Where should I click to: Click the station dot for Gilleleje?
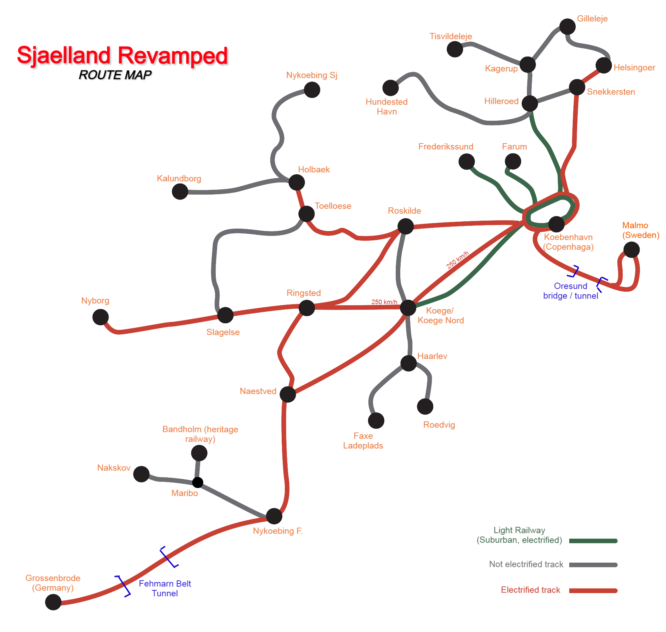(567, 27)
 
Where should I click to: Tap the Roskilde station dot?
(405, 227)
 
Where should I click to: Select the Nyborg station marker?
(101, 317)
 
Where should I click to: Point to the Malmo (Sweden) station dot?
(631, 250)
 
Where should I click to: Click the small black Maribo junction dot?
(198, 482)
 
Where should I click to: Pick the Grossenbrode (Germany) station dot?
(53, 602)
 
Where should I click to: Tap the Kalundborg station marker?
(180, 191)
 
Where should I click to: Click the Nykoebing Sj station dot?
(312, 90)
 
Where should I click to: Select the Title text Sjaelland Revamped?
(122, 55)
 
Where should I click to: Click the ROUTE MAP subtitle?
(115, 75)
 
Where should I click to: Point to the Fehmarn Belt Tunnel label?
(165, 588)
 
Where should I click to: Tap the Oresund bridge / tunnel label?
(571, 291)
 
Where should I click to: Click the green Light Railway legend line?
(593, 541)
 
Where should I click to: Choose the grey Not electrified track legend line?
(593, 565)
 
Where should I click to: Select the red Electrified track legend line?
(593, 590)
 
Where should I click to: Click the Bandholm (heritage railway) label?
(200, 434)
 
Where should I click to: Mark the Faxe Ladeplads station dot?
(376, 421)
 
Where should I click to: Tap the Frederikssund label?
(446, 146)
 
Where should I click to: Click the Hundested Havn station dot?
(391, 88)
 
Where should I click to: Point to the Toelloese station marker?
(307, 214)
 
